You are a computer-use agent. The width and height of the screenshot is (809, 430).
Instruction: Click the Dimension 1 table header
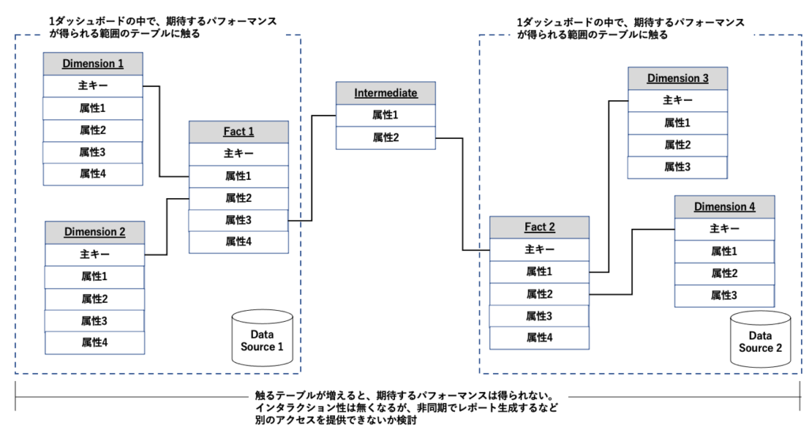[93, 64]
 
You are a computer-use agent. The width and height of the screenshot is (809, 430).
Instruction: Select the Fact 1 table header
[239, 132]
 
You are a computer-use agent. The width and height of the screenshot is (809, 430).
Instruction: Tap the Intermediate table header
[386, 93]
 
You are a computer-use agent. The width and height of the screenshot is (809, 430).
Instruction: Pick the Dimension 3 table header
[677, 79]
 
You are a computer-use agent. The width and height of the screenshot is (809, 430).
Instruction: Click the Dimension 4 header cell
[724, 207]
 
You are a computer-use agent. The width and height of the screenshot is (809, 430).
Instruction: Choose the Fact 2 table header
[540, 227]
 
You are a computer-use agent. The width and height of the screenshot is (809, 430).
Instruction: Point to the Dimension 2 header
[95, 232]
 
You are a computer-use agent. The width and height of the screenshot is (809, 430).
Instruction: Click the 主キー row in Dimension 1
[93, 85]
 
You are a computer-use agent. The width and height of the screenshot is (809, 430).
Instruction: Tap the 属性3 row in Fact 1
[239, 219]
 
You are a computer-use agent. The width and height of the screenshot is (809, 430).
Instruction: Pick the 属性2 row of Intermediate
[386, 138]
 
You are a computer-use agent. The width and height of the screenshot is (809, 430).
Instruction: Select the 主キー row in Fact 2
[540, 249]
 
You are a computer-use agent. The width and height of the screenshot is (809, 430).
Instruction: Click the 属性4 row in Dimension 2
[95, 342]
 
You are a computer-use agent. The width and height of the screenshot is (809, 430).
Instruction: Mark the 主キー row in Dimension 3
[677, 100]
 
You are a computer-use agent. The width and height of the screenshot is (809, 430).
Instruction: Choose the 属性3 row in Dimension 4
[724, 295]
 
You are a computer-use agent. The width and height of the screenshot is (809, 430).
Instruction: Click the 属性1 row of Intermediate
[386, 115]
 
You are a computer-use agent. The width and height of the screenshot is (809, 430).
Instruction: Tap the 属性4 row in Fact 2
[540, 338]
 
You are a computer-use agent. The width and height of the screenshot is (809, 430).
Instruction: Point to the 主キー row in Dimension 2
[95, 255]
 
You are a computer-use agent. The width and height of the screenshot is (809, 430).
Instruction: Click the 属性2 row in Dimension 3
[677, 144]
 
